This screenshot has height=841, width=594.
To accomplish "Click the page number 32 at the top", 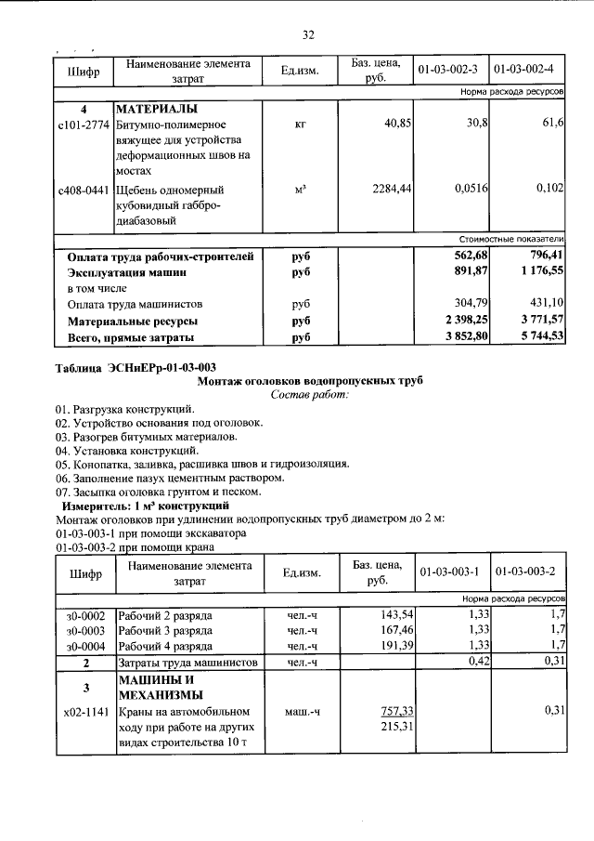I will [308, 34].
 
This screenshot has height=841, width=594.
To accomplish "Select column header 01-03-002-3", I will [447, 71].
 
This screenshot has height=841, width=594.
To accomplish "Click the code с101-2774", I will [83, 124].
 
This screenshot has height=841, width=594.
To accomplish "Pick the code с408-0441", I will [83, 189].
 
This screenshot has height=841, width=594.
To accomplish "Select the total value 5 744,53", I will [531, 336].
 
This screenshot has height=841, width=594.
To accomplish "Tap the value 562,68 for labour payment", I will [471, 256].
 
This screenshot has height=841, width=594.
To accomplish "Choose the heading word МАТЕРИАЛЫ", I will [157, 108].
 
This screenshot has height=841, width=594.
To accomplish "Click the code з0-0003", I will [84, 631].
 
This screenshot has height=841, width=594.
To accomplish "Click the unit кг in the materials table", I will [300, 124].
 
